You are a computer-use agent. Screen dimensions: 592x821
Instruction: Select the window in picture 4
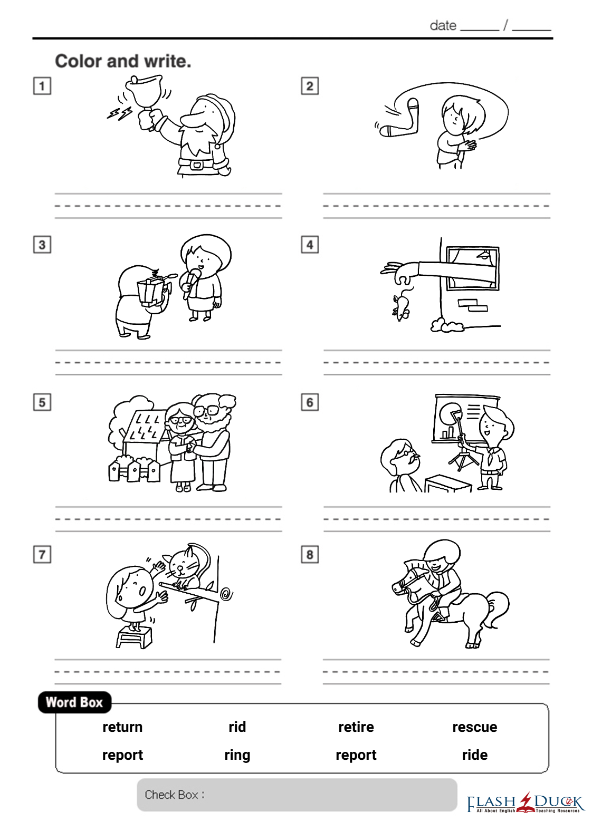tap(472, 268)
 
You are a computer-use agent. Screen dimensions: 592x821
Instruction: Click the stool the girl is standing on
tap(134, 636)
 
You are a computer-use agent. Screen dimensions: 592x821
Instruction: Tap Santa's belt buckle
tap(197, 164)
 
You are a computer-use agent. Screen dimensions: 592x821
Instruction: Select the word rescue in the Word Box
tap(475, 727)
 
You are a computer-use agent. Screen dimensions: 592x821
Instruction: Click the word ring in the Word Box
tap(237, 756)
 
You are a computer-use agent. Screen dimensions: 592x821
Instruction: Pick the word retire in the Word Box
tap(356, 727)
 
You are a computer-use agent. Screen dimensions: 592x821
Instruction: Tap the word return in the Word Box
tap(122, 727)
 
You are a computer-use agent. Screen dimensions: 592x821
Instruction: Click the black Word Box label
tap(74, 702)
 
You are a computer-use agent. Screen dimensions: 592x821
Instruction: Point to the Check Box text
tap(174, 795)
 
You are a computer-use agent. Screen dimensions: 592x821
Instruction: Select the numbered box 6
tap(310, 402)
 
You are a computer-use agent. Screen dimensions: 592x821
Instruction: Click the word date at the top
tap(443, 26)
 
